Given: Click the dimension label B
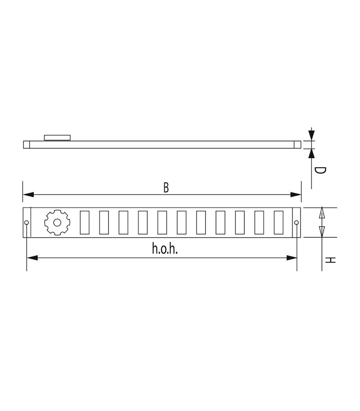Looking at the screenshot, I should tap(166, 188).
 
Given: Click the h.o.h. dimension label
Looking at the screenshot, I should tap(165, 249).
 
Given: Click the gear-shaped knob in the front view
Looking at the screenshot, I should tap(57, 222).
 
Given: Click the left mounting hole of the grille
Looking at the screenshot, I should tap(27, 223).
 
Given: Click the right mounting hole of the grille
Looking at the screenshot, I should tap(296, 223).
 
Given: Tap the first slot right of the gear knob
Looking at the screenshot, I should tap(84, 222).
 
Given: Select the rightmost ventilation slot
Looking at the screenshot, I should tap(279, 222).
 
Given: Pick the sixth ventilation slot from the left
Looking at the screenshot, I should tap(182, 222).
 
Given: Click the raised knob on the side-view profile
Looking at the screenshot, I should tap(57, 137).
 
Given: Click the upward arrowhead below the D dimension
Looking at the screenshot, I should tap(311, 153).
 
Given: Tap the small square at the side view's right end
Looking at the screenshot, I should tap(297, 145).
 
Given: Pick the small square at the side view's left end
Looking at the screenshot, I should tap(27, 145).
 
